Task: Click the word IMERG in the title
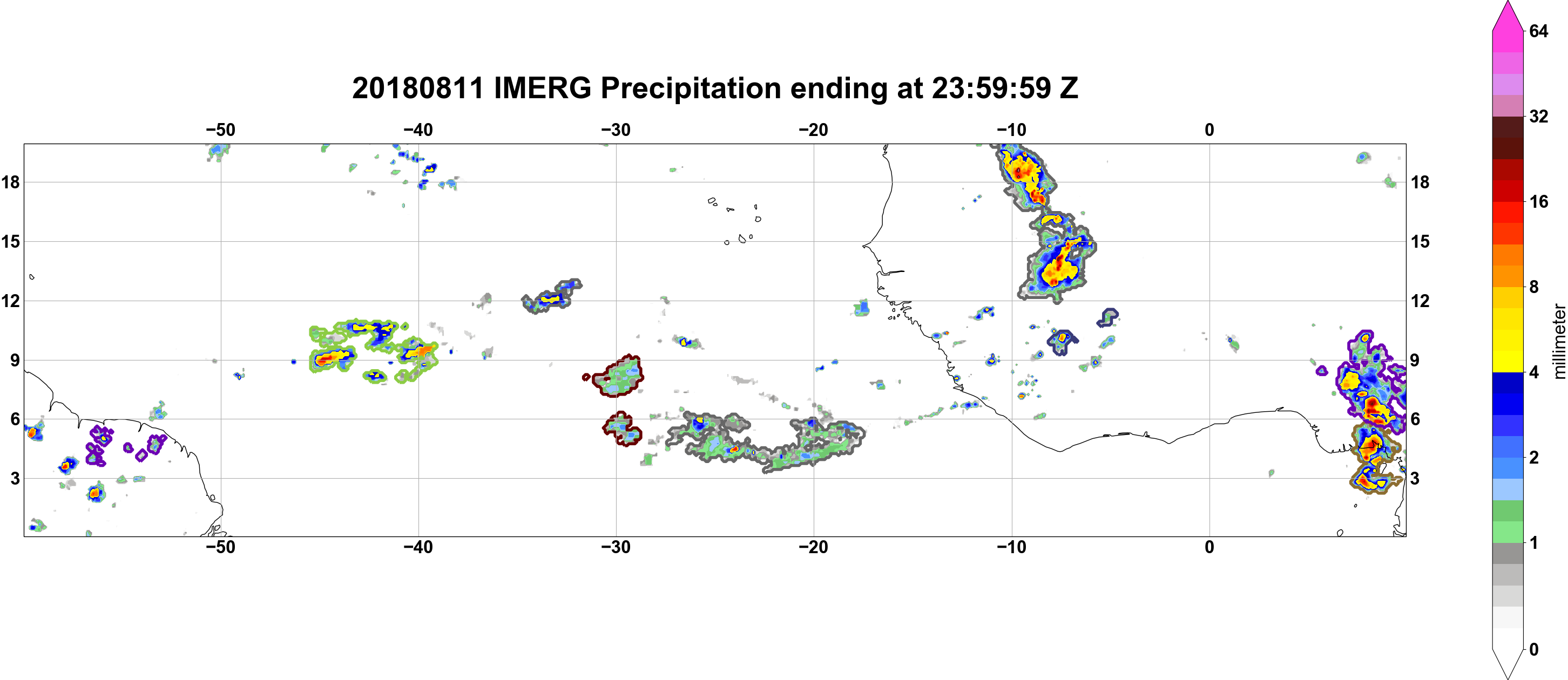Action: [x=542, y=88]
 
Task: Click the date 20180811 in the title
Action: [x=417, y=88]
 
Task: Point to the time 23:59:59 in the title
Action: [x=991, y=88]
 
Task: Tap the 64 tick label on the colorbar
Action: [x=1538, y=31]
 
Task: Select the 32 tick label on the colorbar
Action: [x=1538, y=116]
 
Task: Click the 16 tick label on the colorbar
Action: [x=1538, y=202]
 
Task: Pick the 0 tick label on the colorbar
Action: [x=1534, y=650]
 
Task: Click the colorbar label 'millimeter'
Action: [x=1559, y=341]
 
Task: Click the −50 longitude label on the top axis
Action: [x=220, y=130]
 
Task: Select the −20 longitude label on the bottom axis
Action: [x=814, y=547]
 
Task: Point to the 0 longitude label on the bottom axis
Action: [x=1209, y=547]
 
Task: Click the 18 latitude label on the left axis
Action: [x=10, y=182]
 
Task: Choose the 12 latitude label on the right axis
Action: [x=1420, y=301]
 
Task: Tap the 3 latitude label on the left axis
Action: [x=15, y=479]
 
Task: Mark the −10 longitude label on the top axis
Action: [x=1012, y=130]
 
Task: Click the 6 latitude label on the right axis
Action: [x=1416, y=419]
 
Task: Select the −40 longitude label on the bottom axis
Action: [x=418, y=547]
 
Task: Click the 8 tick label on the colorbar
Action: [x=1534, y=287]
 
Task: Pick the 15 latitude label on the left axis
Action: [x=10, y=241]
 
